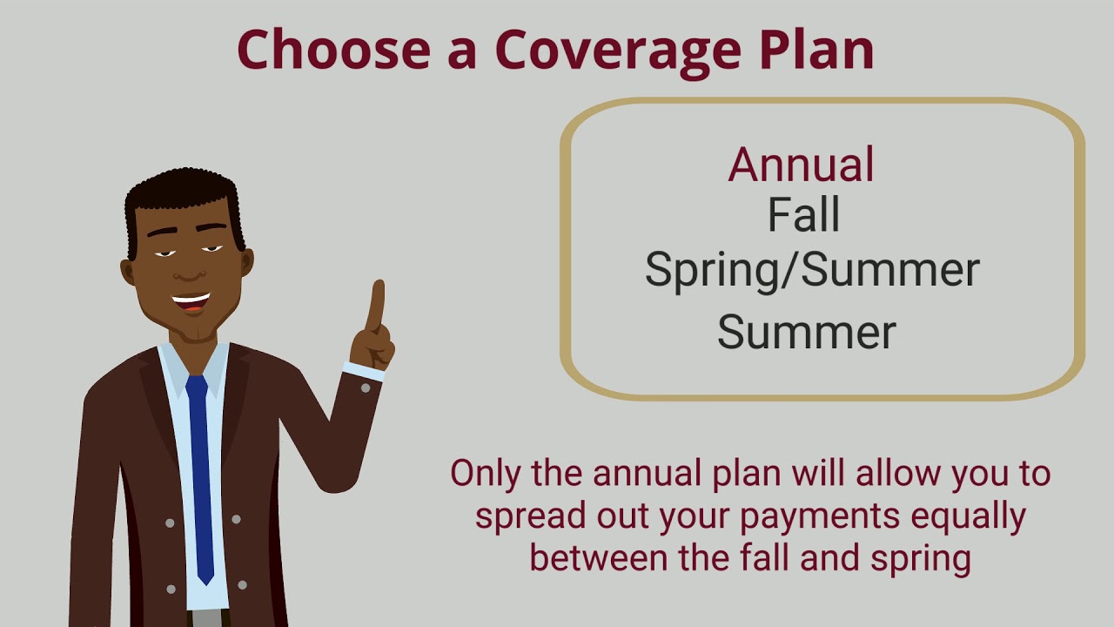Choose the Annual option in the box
click(802, 164)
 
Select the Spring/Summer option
click(811, 270)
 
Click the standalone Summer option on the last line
click(806, 332)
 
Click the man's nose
click(186, 268)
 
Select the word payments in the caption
click(820, 516)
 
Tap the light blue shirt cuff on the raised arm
click(363, 372)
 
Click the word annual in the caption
click(648, 474)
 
